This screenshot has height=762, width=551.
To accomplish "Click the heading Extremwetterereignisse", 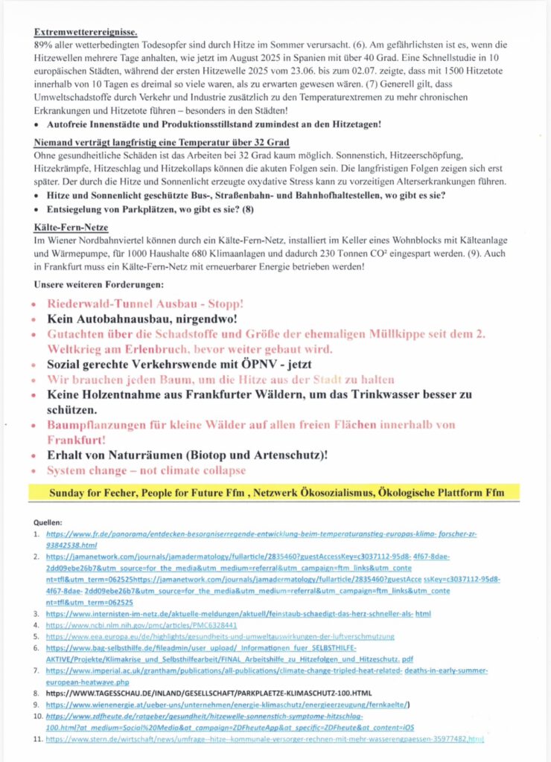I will pyautogui.click(x=86, y=33).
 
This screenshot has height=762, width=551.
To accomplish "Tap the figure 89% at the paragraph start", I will pyautogui.click(x=42, y=45).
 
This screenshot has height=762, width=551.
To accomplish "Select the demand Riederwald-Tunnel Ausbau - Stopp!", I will pyautogui.click(x=145, y=304).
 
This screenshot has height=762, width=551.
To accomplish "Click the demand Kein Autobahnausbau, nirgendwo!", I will pyautogui.click(x=150, y=319).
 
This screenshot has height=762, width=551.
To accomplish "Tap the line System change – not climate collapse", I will pyautogui.click(x=146, y=470).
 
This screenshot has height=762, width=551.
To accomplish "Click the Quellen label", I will pyautogui.click(x=50, y=522).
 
